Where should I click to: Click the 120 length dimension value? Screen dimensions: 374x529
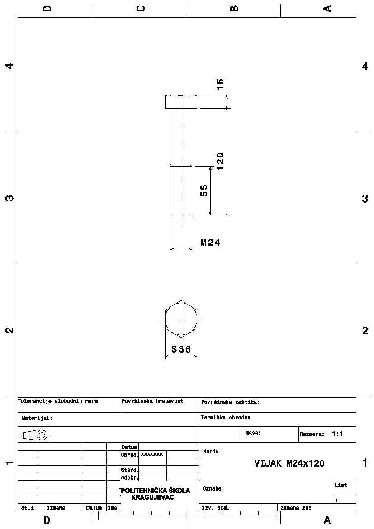pyautogui.click(x=220, y=161)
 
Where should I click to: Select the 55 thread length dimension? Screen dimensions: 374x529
pyautogui.click(x=204, y=191)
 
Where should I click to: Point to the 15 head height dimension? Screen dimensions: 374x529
pyautogui.click(x=220, y=84)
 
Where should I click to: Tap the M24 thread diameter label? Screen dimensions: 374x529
pyautogui.click(x=210, y=242)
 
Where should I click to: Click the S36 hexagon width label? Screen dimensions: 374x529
pyautogui.click(x=181, y=349)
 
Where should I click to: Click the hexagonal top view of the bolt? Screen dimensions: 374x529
pyautogui.click(x=181, y=319)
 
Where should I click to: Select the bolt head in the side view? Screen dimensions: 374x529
pyautogui.click(x=181, y=101)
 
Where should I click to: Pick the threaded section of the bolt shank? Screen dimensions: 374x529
pyautogui.click(x=181, y=190)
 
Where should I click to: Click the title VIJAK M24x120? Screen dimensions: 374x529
pyautogui.click(x=289, y=463)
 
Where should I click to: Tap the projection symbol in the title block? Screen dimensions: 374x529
pyautogui.click(x=35, y=435)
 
